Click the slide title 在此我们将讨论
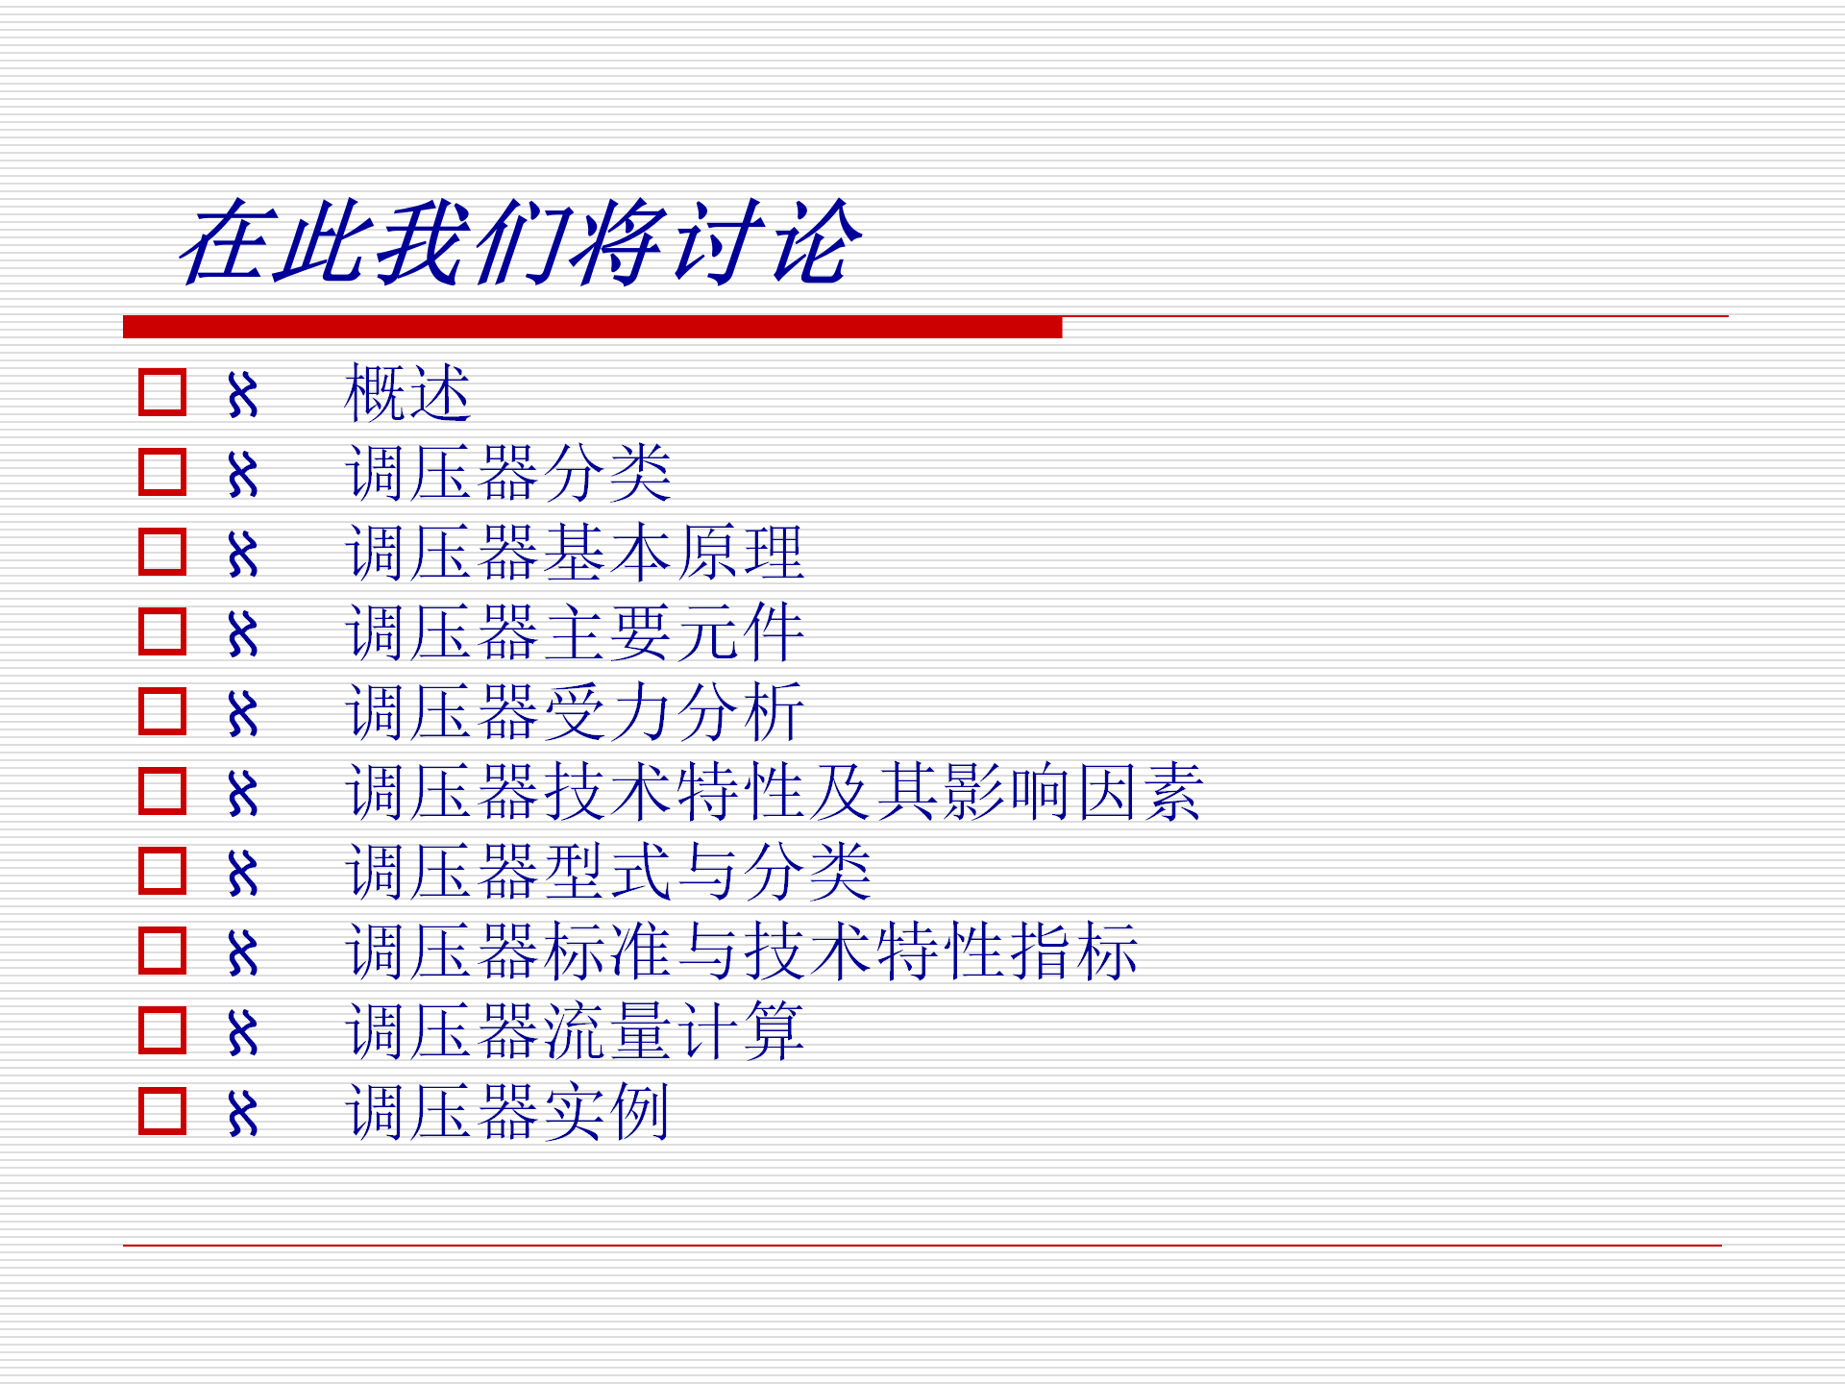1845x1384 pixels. pos(520,242)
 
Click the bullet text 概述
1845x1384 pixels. pos(407,393)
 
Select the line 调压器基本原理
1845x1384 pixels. pos(575,553)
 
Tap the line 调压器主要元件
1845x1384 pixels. pos(575,632)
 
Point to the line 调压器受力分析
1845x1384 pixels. pos(575,712)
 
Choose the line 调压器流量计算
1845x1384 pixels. pos(575,1031)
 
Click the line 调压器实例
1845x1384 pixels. pos(507,1111)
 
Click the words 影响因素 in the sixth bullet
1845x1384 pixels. pos(1072,792)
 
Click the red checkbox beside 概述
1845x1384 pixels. pos(162,392)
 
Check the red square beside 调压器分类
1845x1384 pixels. pos(162,472)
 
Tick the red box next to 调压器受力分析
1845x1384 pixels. pos(162,711)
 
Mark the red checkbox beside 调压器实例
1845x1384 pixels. pos(162,1111)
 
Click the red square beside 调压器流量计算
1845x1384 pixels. pos(162,1030)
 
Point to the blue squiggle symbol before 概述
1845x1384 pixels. pos(243,394)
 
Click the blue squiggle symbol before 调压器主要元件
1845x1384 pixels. pos(243,633)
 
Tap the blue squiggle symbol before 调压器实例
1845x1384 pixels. pos(243,1113)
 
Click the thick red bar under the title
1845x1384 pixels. pos(592,327)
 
